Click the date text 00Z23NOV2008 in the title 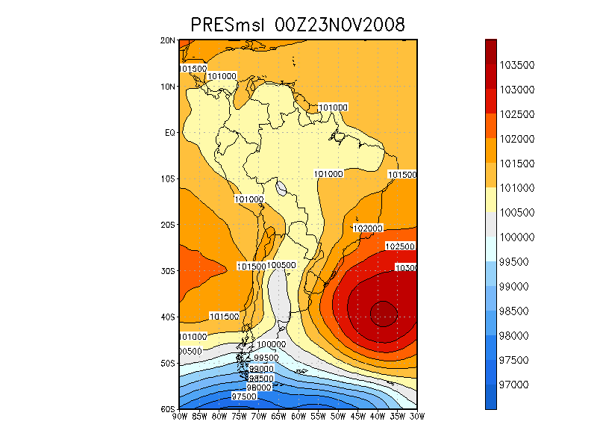(340, 25)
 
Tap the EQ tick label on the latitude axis (170, 133)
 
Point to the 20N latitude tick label (169, 40)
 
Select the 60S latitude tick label (169, 409)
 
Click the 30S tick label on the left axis (169, 271)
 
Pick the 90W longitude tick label (180, 417)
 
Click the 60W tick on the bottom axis (298, 417)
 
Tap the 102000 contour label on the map (367, 228)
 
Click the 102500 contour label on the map (400, 246)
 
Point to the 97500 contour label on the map (246, 396)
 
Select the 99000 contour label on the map (261, 370)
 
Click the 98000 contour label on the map (259, 388)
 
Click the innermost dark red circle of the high (384, 311)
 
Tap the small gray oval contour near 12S (281, 188)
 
